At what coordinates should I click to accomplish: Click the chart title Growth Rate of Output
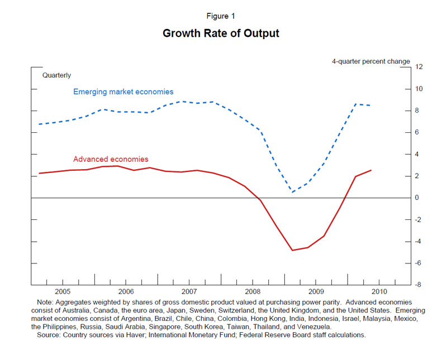(221, 33)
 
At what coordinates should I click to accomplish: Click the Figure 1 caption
(221, 16)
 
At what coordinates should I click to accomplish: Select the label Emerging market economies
(123, 92)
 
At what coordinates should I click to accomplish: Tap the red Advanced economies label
(111, 159)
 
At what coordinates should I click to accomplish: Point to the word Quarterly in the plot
(57, 75)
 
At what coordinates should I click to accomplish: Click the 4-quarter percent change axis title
(370, 61)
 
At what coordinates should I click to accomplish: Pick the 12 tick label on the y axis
(419, 67)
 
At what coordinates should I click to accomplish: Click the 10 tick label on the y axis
(419, 89)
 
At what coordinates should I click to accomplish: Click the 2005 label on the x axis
(63, 292)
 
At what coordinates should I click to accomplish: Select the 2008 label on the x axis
(253, 292)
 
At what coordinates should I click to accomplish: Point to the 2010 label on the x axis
(379, 292)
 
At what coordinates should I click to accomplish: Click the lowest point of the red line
(292, 250)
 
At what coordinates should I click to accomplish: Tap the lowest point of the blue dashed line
(292, 192)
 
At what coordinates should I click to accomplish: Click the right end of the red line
(371, 170)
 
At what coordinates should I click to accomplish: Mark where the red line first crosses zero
(260, 198)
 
